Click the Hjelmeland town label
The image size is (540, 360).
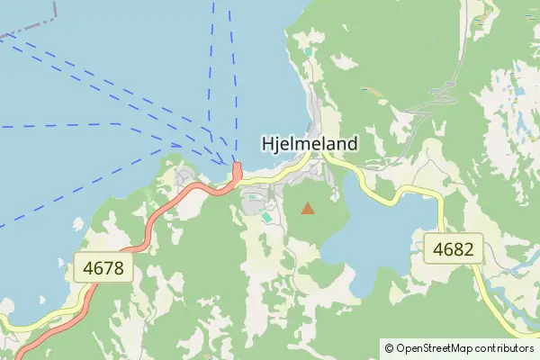tap(310, 143)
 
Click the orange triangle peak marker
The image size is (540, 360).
tap(308, 209)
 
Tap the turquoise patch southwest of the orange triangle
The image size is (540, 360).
tap(266, 217)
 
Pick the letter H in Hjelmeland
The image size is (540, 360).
tap(267, 143)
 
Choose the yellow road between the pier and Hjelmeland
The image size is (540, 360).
tap(279, 171)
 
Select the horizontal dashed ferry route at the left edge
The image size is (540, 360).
tap(54, 125)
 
